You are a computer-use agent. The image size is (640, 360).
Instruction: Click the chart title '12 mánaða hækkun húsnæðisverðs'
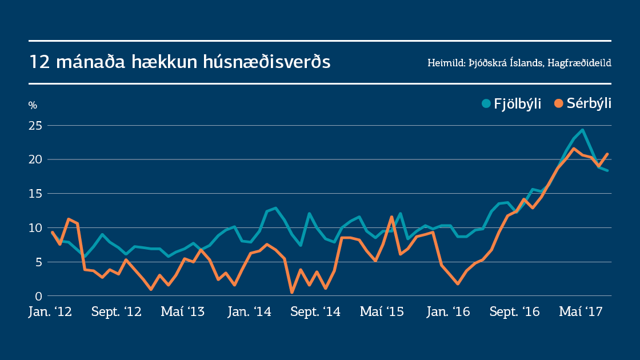point(179,62)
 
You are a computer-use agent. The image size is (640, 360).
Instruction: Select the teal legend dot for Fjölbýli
point(486,103)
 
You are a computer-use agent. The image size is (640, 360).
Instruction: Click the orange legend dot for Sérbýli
point(559,103)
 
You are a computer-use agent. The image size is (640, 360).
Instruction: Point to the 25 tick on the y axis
point(35,125)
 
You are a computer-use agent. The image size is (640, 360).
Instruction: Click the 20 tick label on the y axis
point(35,159)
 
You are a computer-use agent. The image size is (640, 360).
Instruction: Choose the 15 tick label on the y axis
point(35,194)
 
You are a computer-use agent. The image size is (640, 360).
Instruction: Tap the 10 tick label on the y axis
point(35,228)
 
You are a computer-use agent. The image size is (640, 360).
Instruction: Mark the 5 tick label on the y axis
point(38,262)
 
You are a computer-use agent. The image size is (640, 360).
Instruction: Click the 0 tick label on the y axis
point(38,296)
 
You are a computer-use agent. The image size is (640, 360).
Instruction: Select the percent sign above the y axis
point(33,105)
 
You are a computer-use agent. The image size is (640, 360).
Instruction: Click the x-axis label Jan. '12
point(50,312)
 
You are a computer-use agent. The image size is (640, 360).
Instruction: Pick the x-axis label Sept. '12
point(116,312)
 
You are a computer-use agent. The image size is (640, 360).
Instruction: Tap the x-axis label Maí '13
point(182,312)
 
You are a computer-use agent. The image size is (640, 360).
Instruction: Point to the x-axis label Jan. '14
point(249,312)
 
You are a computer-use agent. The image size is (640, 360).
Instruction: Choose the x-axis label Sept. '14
point(316,312)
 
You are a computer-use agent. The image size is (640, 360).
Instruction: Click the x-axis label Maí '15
point(382,312)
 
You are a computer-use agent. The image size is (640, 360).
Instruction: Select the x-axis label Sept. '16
point(515,312)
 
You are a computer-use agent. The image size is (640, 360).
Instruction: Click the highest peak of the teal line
point(582,130)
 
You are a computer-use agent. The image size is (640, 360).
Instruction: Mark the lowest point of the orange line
point(292,293)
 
